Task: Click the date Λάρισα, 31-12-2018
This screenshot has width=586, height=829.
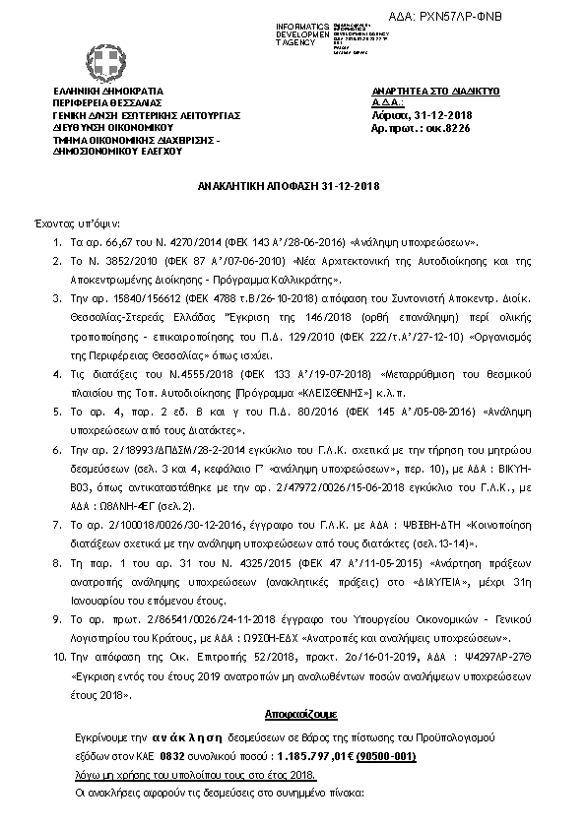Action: [409, 114]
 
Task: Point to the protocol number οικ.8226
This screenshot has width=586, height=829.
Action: [437, 127]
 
